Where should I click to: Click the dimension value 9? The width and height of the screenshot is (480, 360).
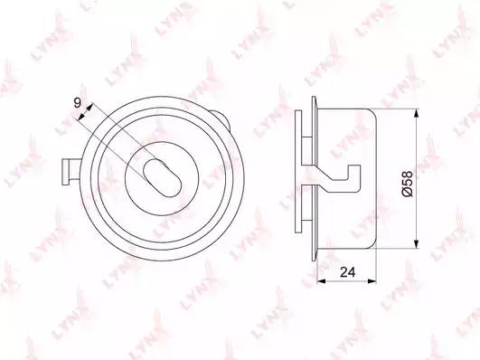(78, 102)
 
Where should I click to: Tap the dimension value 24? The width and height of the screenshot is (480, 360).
(348, 271)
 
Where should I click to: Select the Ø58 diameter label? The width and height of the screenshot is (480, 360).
(408, 184)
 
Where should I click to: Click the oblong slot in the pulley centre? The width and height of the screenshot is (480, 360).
(163, 178)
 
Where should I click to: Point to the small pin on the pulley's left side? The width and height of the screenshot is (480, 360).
(71, 172)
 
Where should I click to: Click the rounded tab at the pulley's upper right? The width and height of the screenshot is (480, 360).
(222, 119)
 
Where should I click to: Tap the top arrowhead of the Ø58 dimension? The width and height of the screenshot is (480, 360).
(416, 113)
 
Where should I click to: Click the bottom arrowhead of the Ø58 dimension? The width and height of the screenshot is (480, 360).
(416, 244)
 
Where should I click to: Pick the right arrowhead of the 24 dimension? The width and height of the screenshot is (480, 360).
(372, 280)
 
